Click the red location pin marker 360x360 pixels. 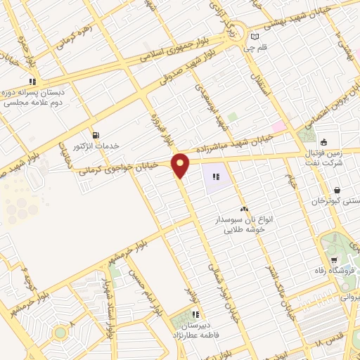click(181, 165)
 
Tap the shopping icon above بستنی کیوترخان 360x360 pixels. click(337, 190)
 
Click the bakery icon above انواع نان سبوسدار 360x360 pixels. click(244, 209)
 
